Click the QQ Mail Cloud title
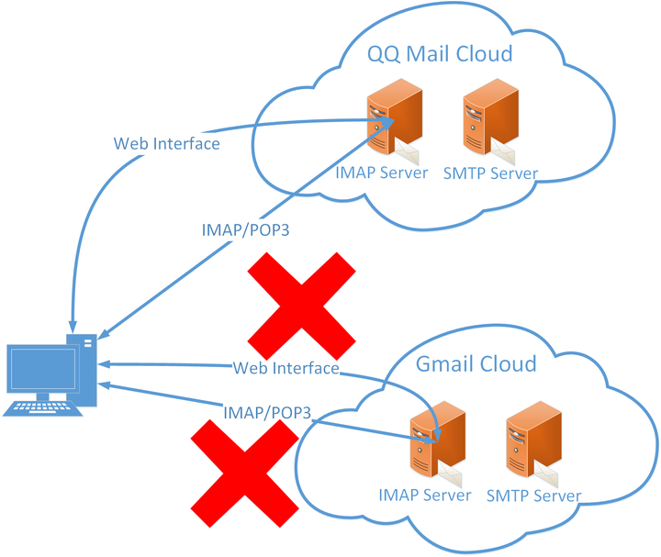point(440,53)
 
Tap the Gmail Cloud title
point(476,363)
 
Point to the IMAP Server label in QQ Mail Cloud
point(382,173)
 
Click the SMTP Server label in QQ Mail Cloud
point(489,173)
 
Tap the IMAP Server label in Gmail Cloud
point(424,496)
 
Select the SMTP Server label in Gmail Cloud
point(532,496)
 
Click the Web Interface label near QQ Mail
point(166,144)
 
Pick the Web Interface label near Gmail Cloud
point(286,368)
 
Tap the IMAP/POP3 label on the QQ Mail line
point(244,229)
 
